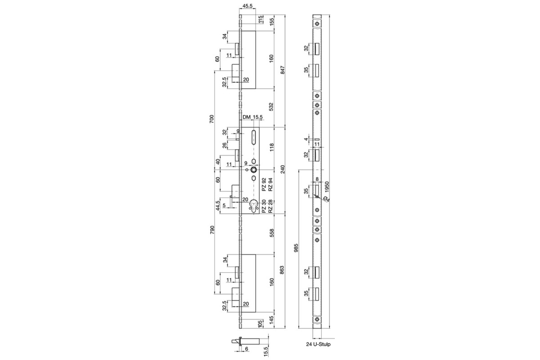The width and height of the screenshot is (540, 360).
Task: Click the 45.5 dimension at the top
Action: point(247,6)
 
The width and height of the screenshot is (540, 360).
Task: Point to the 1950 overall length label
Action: point(327,187)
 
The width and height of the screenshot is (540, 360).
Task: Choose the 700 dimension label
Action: point(212,119)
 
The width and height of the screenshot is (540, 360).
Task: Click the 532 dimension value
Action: point(271,107)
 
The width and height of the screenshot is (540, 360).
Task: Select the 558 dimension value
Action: point(271,234)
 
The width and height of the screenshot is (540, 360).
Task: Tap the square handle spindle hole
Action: point(254,170)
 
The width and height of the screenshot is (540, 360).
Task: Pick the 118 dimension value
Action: point(271,148)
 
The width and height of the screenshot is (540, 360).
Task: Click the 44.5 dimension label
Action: point(217,205)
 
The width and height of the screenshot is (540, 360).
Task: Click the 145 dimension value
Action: point(271,320)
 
